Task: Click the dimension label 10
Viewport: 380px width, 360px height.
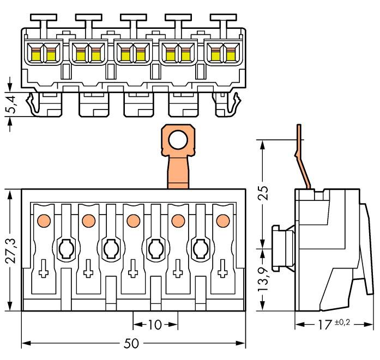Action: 155,325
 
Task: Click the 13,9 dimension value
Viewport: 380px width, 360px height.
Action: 264,280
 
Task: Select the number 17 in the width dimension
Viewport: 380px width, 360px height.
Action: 325,325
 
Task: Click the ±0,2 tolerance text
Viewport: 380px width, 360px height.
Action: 342,322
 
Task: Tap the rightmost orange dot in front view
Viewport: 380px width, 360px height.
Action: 222,221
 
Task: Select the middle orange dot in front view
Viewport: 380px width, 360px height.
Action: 132,221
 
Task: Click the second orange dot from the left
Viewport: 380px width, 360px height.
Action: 87,221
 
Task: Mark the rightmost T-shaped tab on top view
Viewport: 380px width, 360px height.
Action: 222,20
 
